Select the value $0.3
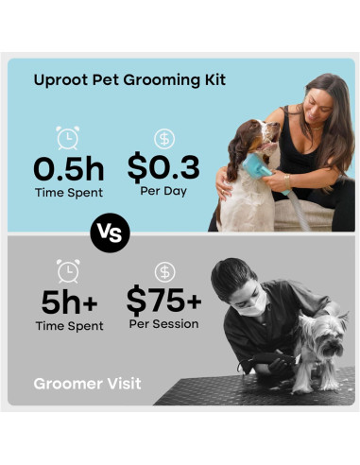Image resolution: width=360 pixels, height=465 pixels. [x=163, y=168]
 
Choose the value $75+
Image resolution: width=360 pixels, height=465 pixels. [x=163, y=301]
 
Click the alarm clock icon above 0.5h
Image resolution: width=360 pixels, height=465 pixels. [x=68, y=139]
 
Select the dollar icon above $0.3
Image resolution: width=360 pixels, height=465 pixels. [x=164, y=139]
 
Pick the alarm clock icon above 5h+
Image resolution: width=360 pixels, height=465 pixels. [x=68, y=272]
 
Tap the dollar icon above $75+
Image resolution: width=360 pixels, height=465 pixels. [x=164, y=272]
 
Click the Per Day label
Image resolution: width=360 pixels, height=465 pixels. [x=163, y=192]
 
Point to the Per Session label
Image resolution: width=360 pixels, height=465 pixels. [x=163, y=324]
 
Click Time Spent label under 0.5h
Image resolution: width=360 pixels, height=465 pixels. [x=68, y=192]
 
